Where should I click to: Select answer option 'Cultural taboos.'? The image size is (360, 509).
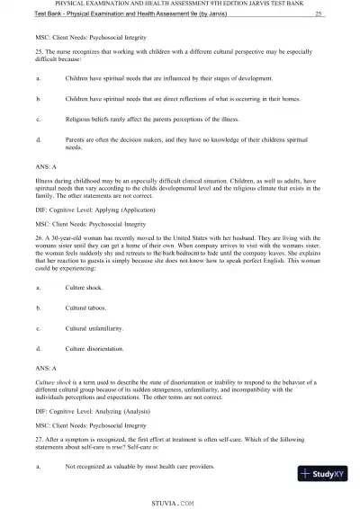pos(87,308)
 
